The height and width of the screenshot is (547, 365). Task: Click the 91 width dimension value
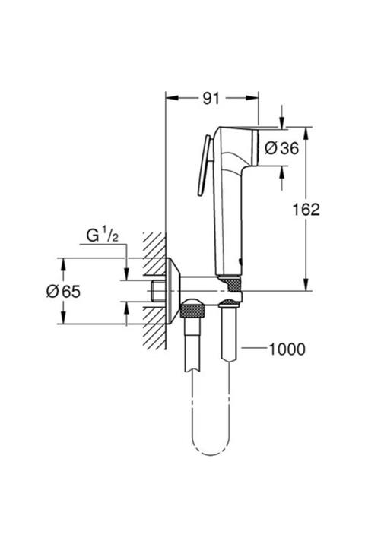pos(212,97)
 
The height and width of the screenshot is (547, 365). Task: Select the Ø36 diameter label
pos(281,149)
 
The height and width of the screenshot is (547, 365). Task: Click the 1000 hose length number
pos(287,349)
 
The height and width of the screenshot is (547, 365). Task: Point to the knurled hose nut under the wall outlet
pos(193,311)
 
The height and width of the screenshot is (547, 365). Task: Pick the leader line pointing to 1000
pos(254,349)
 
